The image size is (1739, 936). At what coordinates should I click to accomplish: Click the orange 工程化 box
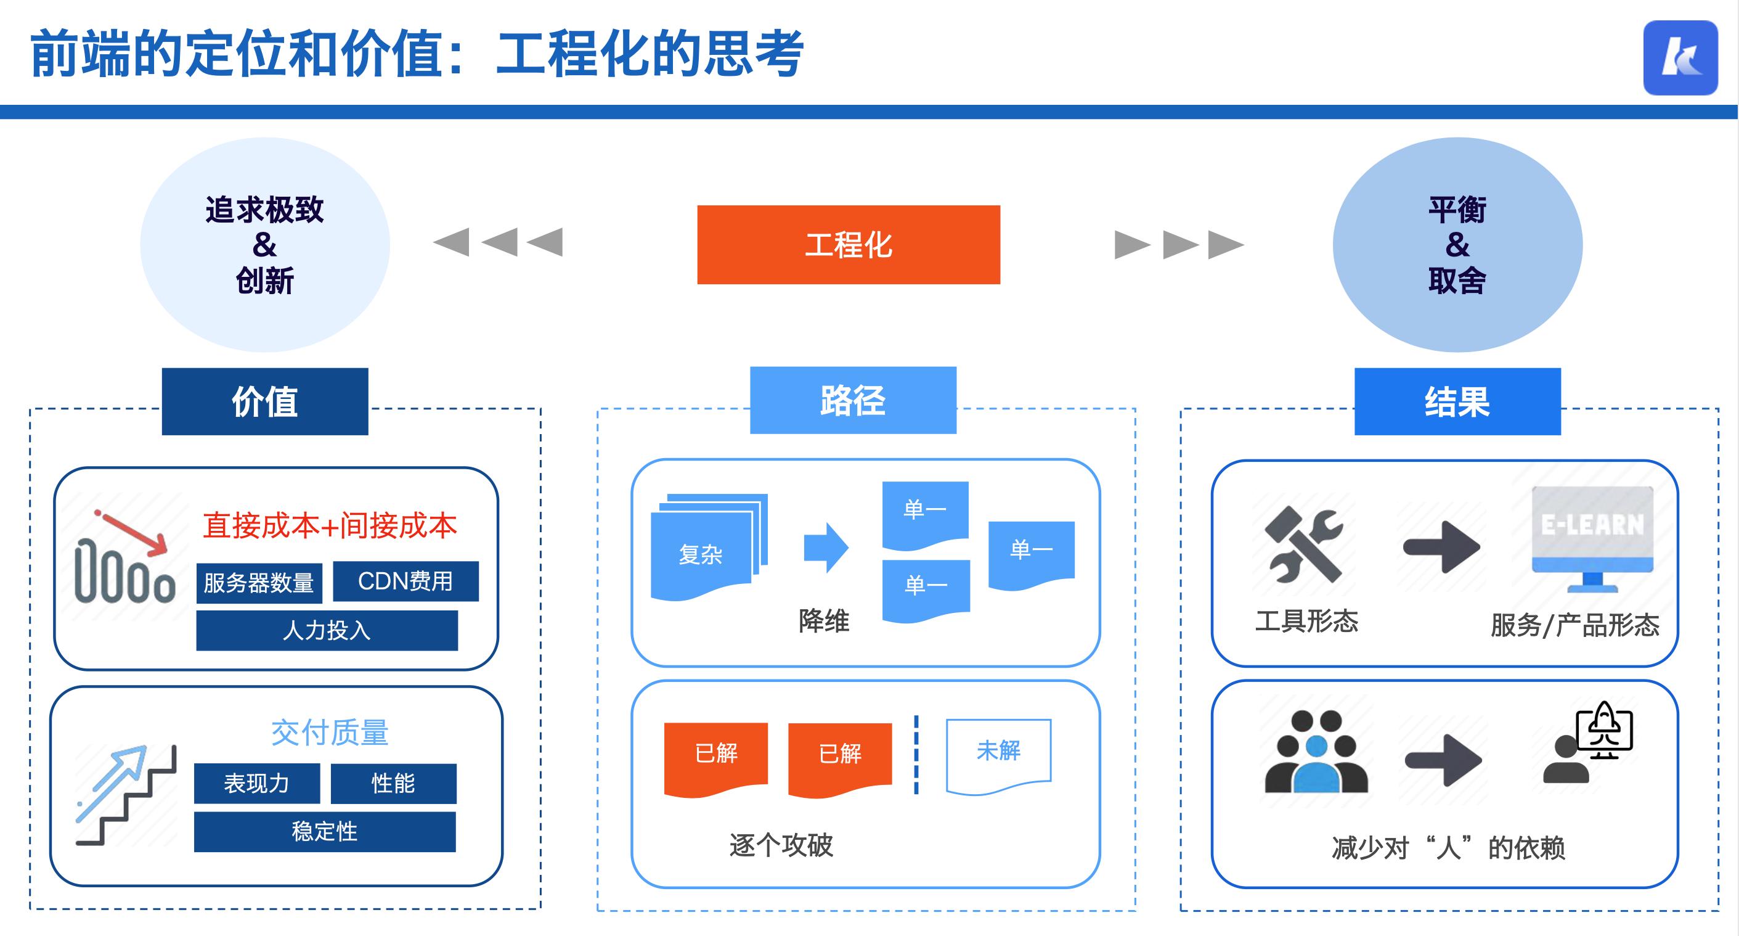click(848, 244)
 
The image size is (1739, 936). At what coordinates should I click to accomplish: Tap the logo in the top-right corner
click(1680, 58)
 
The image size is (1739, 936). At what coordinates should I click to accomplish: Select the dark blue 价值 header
click(264, 401)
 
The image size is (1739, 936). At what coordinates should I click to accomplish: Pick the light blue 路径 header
click(853, 400)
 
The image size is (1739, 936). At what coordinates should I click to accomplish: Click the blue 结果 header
click(1457, 401)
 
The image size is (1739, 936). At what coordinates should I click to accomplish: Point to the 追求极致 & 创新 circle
click(264, 244)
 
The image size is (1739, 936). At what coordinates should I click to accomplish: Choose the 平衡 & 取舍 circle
click(1457, 244)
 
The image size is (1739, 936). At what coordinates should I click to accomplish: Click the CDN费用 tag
click(405, 581)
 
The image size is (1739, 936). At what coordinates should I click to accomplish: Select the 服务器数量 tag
click(259, 582)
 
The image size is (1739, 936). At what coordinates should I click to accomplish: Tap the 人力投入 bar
click(327, 630)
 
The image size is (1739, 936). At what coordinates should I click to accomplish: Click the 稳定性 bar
click(325, 831)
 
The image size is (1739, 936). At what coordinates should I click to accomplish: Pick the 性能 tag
click(393, 783)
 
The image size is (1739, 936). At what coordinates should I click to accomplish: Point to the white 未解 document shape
click(998, 753)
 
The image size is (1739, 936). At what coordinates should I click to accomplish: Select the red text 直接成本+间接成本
click(330, 525)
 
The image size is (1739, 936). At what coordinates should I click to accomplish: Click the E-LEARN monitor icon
click(1592, 538)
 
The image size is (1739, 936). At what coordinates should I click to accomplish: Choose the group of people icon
click(1316, 752)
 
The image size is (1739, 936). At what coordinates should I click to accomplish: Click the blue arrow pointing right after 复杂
click(826, 547)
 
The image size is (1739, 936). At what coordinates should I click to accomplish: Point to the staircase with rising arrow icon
click(126, 794)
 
